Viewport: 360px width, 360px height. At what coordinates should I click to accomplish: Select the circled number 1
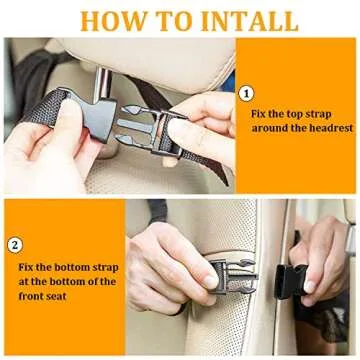tap(247, 93)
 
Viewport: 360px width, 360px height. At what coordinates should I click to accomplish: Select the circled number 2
tap(14, 244)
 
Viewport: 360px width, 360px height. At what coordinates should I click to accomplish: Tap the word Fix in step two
tap(29, 267)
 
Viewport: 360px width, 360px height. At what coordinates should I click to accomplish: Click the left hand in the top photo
tap(45, 150)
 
